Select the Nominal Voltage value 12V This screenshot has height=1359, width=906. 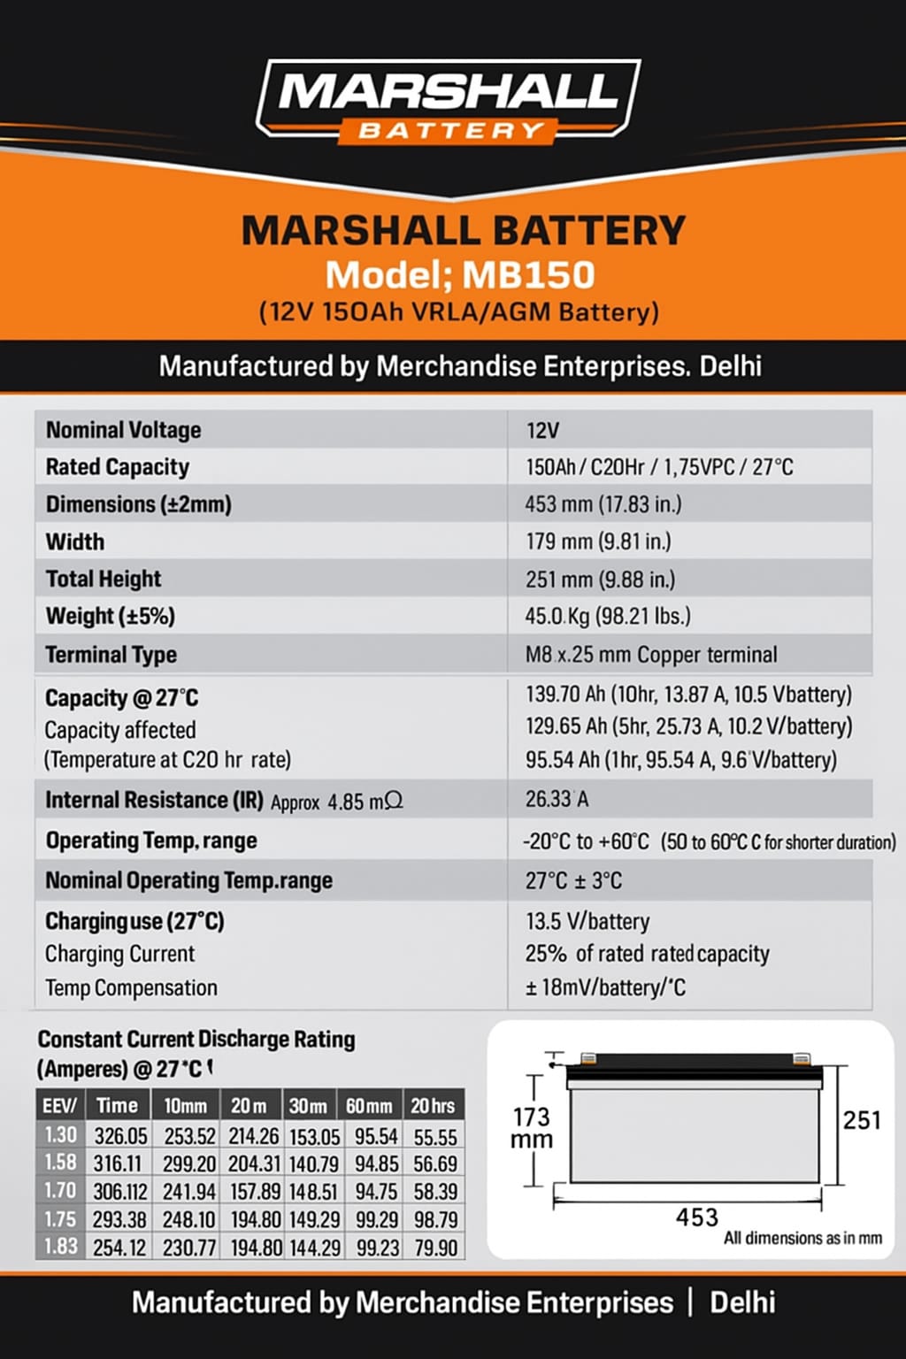pyautogui.click(x=542, y=430)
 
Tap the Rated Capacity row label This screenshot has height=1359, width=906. pyautogui.click(x=118, y=467)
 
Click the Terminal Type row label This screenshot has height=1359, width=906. pyautogui.click(x=111, y=655)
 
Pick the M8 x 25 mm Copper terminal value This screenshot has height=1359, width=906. pyautogui.click(x=651, y=655)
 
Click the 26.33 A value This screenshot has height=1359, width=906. pyautogui.click(x=557, y=799)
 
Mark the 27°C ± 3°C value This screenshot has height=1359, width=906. pyautogui.click(x=573, y=881)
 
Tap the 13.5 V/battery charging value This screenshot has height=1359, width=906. pyautogui.click(x=587, y=922)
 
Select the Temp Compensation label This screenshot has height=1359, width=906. pyautogui.click(x=131, y=987)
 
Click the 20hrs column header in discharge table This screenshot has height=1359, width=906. pyautogui.click(x=433, y=1106)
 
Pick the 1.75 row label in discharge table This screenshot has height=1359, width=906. pyautogui.click(x=60, y=1219)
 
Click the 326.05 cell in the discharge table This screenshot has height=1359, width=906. pyautogui.click(x=120, y=1136)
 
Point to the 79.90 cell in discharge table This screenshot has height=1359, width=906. pyautogui.click(x=435, y=1248)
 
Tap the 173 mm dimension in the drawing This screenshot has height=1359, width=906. pyautogui.click(x=531, y=1128)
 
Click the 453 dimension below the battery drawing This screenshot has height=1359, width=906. pyautogui.click(x=696, y=1217)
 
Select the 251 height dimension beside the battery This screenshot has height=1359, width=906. pyautogui.click(x=861, y=1121)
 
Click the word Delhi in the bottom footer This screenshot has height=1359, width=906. pyautogui.click(x=742, y=1302)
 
